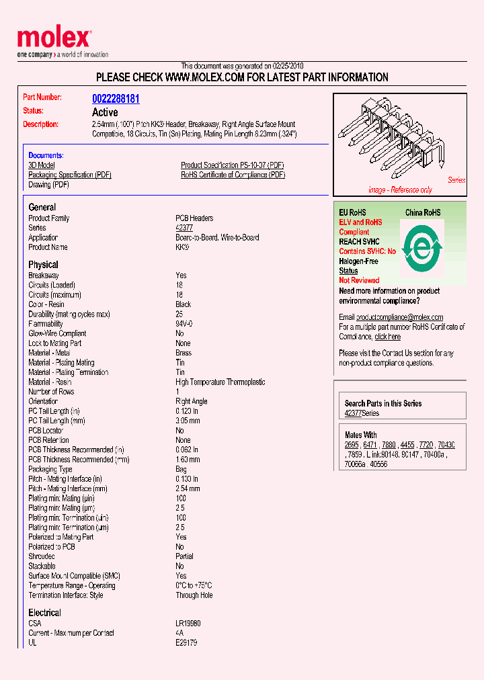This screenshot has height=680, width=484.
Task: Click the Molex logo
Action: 54,39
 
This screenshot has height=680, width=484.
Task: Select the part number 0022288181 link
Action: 116,98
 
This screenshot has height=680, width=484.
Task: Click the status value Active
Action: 105,112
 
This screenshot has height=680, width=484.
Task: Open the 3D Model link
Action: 42,165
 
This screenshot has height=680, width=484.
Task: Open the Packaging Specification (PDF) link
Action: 70,175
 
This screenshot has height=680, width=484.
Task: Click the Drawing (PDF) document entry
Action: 48,185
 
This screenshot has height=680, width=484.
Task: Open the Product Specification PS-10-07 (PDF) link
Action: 233,165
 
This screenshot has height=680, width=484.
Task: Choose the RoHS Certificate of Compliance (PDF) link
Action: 233,175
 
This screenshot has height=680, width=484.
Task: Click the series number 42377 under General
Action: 184,228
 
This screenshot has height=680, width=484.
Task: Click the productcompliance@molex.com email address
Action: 399,317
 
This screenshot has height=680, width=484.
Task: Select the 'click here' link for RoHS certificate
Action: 387,337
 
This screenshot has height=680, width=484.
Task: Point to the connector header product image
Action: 397,142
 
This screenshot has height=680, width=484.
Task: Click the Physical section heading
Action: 43,265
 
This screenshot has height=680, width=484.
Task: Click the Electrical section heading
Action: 44,613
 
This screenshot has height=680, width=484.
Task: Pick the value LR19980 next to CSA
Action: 188,624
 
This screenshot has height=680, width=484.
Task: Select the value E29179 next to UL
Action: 186,643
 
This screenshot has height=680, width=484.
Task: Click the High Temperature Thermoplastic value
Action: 220,382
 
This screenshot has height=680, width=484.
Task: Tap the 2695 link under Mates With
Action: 351,445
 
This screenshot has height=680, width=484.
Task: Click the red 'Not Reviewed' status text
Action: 359,280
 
